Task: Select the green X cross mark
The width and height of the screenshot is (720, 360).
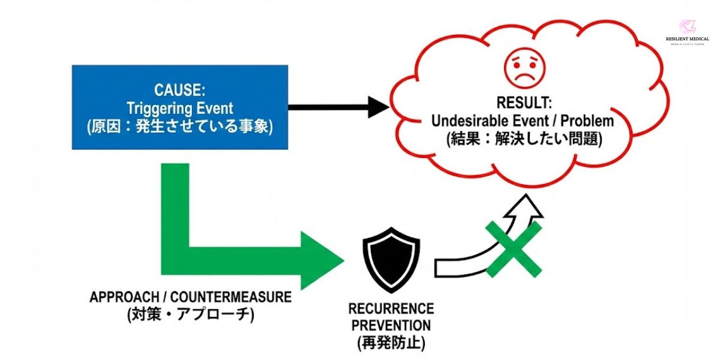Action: tap(513, 249)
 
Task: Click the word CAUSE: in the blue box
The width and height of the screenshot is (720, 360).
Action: tap(179, 91)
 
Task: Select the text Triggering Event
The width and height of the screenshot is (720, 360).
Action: tap(179, 109)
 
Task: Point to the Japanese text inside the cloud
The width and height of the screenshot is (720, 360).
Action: tap(522, 140)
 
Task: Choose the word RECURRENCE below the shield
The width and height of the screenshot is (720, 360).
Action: tap(391, 309)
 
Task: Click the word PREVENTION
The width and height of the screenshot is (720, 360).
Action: tap(391, 326)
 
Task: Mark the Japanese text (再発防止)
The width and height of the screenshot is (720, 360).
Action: tap(391, 344)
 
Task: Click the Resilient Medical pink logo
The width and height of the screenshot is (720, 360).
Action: tap(686, 26)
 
